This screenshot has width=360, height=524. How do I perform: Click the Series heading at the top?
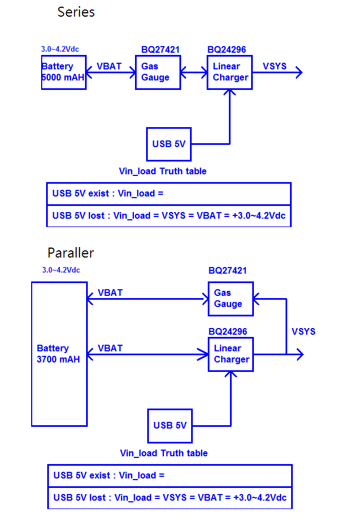(76, 12)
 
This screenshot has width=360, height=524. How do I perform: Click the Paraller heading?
(71, 253)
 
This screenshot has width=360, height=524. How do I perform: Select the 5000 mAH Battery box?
(64, 72)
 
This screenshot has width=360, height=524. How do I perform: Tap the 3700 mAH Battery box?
(59, 354)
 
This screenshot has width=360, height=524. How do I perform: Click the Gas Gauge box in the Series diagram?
(158, 72)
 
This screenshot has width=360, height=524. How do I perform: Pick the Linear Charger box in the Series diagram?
(230, 72)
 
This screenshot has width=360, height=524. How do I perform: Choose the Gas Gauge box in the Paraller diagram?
(230, 299)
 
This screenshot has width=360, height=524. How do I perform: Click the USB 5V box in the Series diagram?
(169, 144)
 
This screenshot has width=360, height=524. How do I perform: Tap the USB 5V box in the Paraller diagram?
(170, 425)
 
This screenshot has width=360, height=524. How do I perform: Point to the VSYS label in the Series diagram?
(274, 67)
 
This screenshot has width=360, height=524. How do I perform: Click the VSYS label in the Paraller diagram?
(303, 331)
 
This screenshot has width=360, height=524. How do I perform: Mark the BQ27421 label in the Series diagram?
(160, 50)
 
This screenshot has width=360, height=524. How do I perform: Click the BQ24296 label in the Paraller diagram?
(228, 332)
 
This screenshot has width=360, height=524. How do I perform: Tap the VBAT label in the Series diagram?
(109, 67)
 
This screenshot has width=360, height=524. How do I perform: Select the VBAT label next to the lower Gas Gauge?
(110, 293)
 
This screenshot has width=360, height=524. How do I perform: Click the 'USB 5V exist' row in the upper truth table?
(169, 194)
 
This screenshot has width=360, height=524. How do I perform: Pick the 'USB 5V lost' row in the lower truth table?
(170, 497)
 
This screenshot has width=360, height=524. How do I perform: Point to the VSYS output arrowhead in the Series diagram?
(299, 72)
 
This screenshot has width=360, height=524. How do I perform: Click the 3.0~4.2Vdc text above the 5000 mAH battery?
(64, 49)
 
